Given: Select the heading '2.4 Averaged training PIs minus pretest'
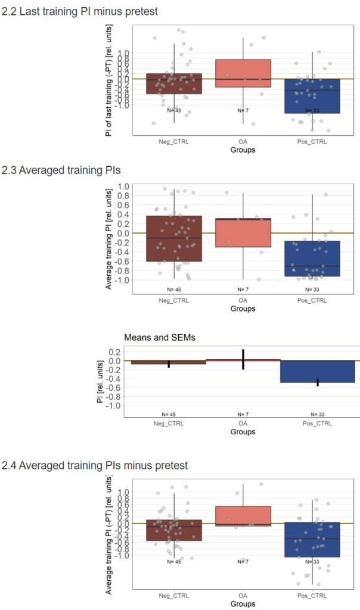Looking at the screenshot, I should pyautogui.click(x=95, y=465).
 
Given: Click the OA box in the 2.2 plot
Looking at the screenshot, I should pyautogui.click(x=243, y=73).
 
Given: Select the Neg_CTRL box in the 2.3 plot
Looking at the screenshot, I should pyautogui.click(x=174, y=238).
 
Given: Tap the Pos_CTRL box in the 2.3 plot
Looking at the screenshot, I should pyautogui.click(x=312, y=259).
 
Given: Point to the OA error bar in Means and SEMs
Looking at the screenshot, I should pyautogui.click(x=243, y=359).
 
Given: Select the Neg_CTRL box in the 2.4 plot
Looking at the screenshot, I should pyautogui.click(x=174, y=530).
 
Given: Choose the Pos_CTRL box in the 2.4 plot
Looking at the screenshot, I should pyautogui.click(x=312, y=540).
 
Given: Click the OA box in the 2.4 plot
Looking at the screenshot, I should pyautogui.click(x=243, y=516).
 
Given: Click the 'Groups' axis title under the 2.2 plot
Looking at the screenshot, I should pyautogui.click(x=243, y=151).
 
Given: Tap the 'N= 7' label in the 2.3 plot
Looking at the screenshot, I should pyautogui.click(x=243, y=289).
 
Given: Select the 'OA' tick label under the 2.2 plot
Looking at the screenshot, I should pyautogui.click(x=243, y=142).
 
